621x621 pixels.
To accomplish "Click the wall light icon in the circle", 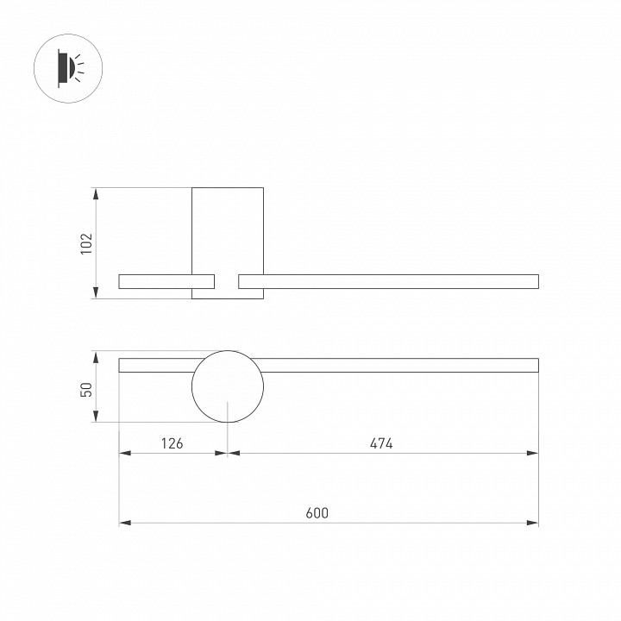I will [x=66, y=66].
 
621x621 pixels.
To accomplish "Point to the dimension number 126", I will [x=172, y=444].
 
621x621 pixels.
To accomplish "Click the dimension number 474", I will [x=381, y=444].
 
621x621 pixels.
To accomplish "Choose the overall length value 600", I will [x=317, y=513].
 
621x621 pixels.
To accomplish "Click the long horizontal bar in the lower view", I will [x=397, y=365].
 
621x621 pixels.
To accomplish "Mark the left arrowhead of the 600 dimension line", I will [x=123, y=523].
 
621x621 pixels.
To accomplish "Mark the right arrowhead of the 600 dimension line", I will [x=533, y=523].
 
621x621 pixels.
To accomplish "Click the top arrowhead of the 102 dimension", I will [x=96, y=192].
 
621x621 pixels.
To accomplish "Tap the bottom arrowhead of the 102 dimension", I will [x=96, y=294].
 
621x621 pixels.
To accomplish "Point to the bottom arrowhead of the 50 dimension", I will [x=96, y=417].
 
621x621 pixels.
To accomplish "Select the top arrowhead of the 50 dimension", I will [x=96, y=355].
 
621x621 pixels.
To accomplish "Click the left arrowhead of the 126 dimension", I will [x=123, y=453].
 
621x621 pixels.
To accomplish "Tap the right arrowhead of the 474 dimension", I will [x=533, y=453].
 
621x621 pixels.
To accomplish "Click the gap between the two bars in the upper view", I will [x=227, y=281].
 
